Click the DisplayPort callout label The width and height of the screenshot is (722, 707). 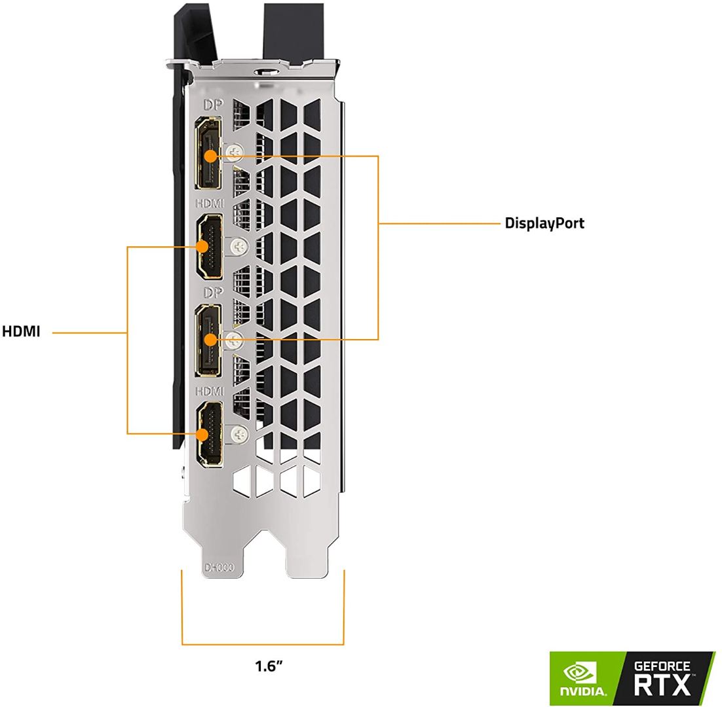544,223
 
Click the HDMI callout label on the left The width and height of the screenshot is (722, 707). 21,332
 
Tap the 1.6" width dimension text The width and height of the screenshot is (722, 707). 269,666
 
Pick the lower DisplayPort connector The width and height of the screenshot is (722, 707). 208,340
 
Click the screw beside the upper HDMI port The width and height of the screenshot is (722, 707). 238,247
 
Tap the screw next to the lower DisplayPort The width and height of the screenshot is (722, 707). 233,340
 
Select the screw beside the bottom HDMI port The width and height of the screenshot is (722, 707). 238,433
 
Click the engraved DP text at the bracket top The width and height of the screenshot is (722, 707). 213,105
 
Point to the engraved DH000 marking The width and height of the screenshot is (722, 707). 219,567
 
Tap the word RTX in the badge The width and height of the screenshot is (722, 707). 662,685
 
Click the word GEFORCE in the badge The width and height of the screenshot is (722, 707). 662,666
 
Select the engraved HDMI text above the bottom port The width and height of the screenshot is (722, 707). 209,391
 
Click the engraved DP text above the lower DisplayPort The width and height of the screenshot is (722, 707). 213,292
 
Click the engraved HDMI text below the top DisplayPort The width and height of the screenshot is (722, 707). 209,204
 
